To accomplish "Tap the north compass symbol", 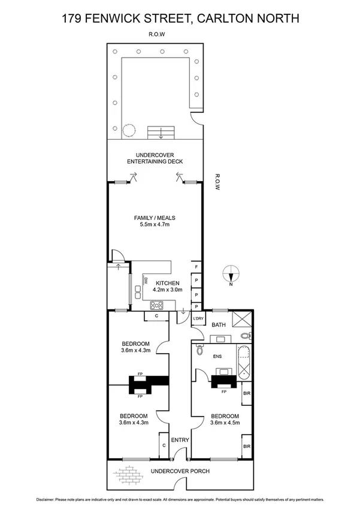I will [231, 276].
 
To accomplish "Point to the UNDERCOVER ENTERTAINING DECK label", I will [155, 158].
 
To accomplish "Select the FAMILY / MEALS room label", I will [155, 222].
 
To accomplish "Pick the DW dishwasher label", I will [145, 279].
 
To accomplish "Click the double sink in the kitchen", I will [137, 292].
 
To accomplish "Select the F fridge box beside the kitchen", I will [196, 267].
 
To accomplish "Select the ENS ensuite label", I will [217, 356].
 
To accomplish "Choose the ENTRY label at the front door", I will [180, 440].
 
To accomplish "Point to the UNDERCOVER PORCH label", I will [180, 471].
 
